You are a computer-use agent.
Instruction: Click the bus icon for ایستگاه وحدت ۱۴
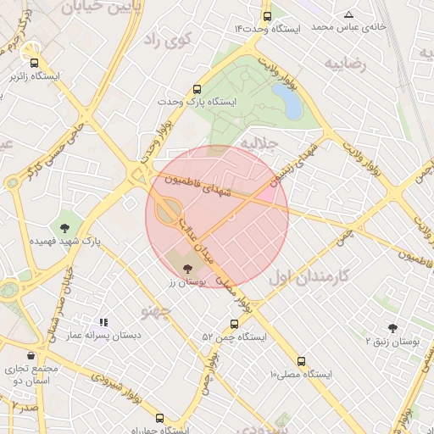tap(268, 16)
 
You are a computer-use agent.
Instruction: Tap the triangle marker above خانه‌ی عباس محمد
tap(348, 14)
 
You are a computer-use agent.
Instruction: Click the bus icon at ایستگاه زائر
tap(34, 63)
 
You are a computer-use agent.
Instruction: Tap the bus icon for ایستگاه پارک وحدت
tap(198, 88)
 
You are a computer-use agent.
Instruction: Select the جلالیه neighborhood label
tap(259, 143)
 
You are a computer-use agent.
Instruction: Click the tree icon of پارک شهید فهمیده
tap(64, 227)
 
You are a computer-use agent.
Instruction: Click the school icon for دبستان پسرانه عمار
tap(104, 322)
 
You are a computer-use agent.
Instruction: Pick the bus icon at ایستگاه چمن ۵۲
tap(235, 323)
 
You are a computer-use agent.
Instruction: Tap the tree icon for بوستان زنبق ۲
tap(392, 327)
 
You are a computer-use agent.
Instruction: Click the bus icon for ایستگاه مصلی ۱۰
tap(302, 360)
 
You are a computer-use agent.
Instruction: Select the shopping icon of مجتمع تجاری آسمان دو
tap(31, 355)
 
